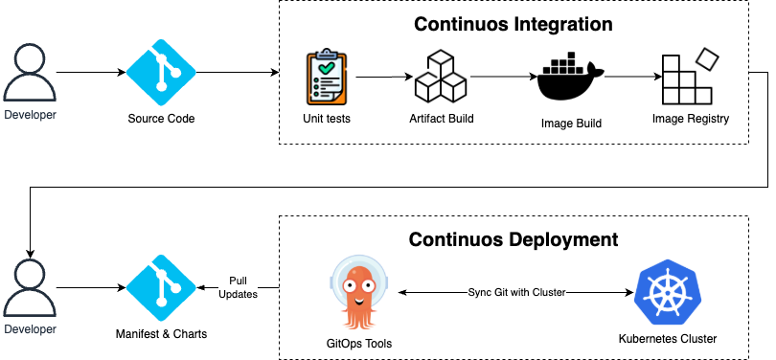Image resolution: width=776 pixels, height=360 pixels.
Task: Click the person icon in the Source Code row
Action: [30, 72]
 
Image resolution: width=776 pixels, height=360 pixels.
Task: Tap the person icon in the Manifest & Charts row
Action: [30, 287]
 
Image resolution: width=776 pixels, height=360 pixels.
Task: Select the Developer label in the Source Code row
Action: [30, 115]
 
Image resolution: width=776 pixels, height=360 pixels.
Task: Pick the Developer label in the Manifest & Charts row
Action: [30, 329]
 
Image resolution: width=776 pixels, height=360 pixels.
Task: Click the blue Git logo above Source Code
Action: [161, 73]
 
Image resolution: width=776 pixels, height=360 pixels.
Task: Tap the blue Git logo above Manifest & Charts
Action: [161, 288]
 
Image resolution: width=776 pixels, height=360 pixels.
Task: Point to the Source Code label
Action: [161, 119]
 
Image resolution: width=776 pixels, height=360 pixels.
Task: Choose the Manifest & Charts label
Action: [161, 334]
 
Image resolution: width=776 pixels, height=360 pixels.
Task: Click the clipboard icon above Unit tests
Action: [327, 78]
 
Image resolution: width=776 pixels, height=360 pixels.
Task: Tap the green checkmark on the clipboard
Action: [327, 69]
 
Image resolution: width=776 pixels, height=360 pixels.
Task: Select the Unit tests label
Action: [327, 119]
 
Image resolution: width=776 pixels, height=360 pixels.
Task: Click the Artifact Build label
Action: [442, 119]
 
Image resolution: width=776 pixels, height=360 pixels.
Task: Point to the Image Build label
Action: [571, 124]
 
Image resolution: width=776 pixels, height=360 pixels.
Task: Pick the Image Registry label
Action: [691, 119]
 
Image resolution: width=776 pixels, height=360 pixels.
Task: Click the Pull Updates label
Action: [238, 287]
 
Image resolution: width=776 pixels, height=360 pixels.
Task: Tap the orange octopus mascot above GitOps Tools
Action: [358, 293]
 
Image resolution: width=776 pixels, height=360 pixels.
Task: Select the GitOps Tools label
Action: [359, 344]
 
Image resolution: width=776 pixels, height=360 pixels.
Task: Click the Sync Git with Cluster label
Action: [516, 292]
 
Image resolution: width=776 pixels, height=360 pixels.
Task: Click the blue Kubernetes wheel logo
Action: [668, 292]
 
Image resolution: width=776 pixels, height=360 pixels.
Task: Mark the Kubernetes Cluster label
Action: [668, 339]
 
